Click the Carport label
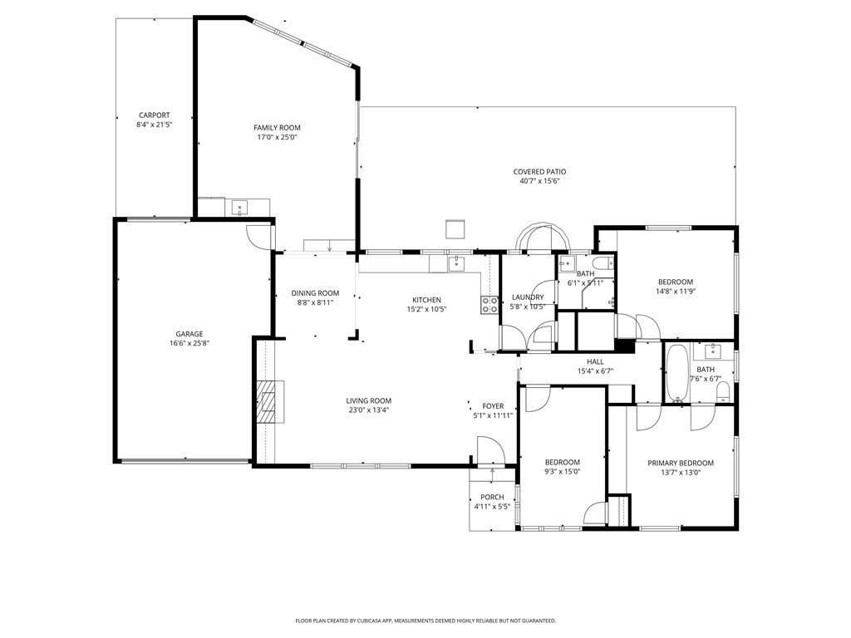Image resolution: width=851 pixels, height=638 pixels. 155,115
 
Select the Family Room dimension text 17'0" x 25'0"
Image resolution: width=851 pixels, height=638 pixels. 277,137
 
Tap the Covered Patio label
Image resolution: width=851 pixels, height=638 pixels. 539,171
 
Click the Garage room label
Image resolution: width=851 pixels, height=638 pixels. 189,334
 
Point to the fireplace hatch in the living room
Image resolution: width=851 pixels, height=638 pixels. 270,402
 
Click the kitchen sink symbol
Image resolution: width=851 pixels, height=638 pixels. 455,263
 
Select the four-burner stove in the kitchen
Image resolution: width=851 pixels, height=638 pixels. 489,304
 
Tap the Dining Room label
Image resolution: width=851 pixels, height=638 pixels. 315,292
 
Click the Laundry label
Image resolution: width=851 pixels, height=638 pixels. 528,297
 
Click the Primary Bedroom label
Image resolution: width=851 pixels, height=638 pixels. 681,464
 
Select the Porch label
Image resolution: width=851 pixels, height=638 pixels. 492,497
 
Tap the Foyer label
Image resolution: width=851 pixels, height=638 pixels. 494,406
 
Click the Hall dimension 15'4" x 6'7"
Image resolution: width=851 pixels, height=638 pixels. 595,371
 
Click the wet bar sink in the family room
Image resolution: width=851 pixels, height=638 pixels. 240,207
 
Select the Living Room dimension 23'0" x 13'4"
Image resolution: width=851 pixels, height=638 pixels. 368,410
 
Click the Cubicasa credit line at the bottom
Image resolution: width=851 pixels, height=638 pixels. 425,621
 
